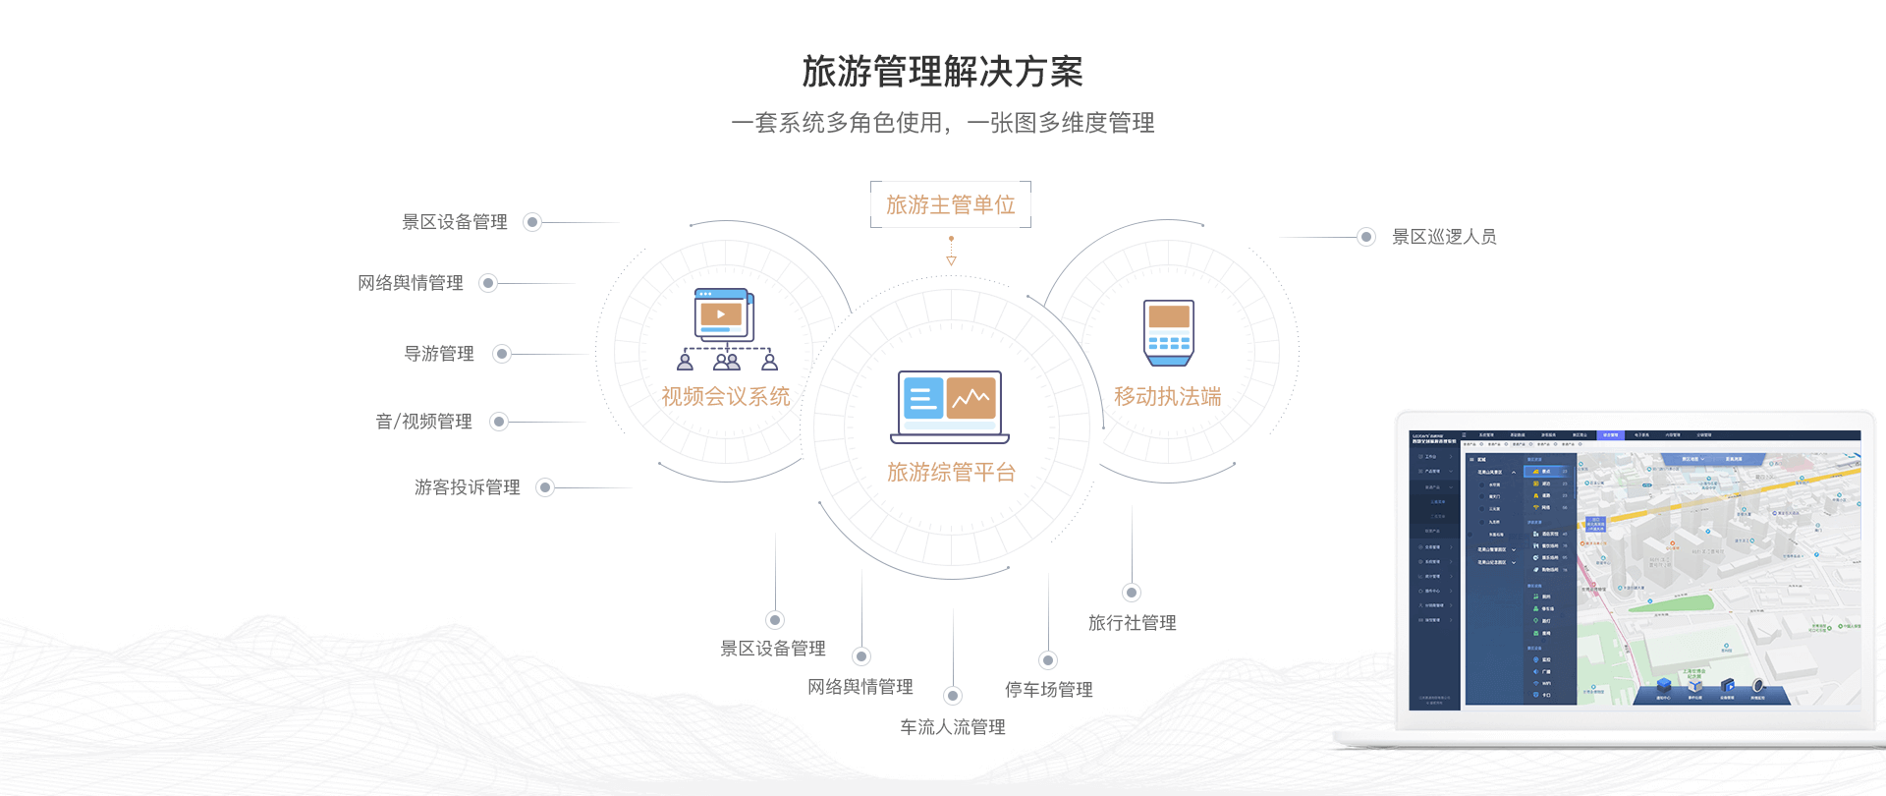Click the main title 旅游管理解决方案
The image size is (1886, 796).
942,72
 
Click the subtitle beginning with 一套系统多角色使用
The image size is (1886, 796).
942,123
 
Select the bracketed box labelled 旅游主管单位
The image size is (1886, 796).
950,204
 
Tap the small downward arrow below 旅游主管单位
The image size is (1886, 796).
951,259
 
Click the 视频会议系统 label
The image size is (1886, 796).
725,396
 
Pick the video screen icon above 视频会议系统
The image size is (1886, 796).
724,314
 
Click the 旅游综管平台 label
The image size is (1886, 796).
950,472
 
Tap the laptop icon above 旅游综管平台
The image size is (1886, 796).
949,406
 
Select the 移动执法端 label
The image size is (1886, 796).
1167,396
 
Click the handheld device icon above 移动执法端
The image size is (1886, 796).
1169,332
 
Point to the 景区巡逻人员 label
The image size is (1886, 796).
1443,237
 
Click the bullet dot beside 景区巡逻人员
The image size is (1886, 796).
1365,237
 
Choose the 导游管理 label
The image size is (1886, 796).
439,354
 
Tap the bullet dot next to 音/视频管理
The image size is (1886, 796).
499,422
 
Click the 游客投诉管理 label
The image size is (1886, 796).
467,487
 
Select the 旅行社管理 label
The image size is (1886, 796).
1132,623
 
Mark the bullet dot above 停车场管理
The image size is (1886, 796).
1048,660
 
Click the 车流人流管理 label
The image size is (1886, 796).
952,727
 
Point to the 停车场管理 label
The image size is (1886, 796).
1048,690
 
